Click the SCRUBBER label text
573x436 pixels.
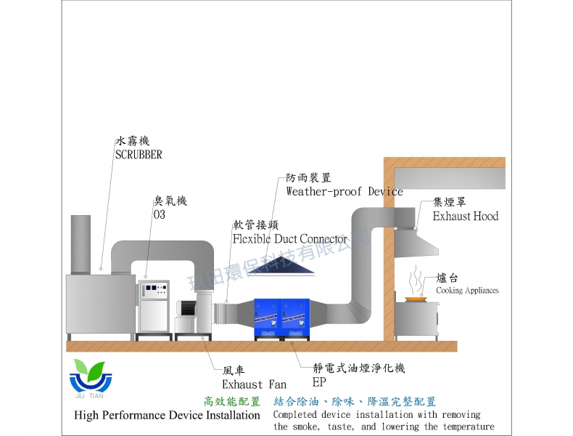click(x=138, y=154)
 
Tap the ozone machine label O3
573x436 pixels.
click(x=160, y=215)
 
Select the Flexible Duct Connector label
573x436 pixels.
click(x=290, y=238)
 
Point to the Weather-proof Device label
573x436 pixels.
click(x=344, y=191)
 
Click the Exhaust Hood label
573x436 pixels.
click(x=465, y=216)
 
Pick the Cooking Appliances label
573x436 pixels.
click(x=467, y=291)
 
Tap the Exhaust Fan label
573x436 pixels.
click(x=253, y=384)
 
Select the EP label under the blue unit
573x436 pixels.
click(x=319, y=382)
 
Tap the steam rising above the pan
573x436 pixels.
click(x=416, y=280)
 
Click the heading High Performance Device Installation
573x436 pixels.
click(x=167, y=415)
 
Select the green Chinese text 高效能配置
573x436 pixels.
click(x=231, y=401)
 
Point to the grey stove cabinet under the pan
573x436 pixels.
click(x=416, y=320)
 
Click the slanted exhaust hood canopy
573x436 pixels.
click(x=419, y=243)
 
